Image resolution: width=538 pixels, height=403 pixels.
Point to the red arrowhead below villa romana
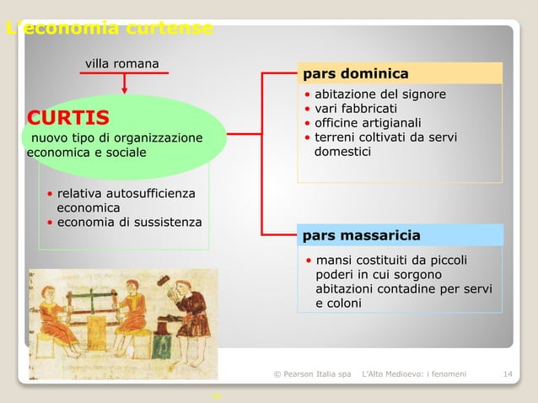(125, 87)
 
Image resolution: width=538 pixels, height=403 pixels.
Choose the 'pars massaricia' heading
(361, 234)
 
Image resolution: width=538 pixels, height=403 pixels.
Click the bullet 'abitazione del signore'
(379, 94)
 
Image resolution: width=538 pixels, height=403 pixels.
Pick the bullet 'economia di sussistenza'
(129, 222)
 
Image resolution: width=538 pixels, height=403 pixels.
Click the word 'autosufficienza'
(148, 194)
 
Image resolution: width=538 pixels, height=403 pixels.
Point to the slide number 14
(508, 373)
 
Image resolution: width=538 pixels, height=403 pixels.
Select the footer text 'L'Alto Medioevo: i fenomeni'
(413, 373)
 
